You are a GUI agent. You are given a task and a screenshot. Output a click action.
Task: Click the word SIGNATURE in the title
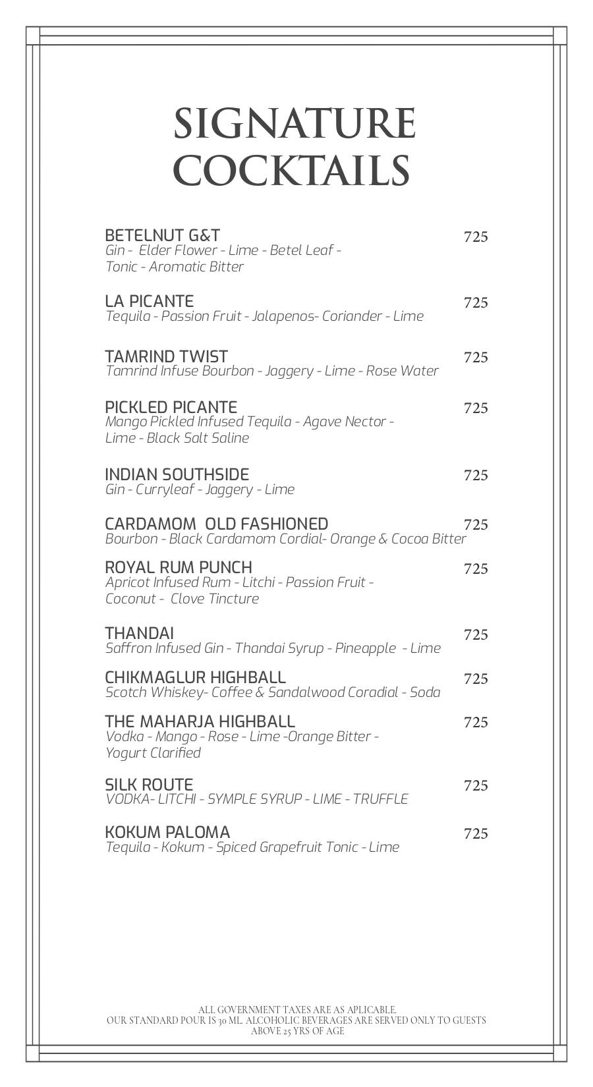pyautogui.click(x=295, y=124)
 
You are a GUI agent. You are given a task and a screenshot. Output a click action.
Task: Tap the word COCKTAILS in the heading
pyautogui.click(x=291, y=170)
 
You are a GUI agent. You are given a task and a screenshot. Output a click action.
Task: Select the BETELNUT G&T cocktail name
pyautogui.click(x=162, y=235)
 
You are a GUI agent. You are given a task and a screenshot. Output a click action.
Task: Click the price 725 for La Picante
pyautogui.click(x=476, y=303)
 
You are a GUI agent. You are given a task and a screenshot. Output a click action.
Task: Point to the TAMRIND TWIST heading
pyautogui.click(x=166, y=356)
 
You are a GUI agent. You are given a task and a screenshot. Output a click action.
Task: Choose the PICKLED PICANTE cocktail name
pyautogui.click(x=171, y=407)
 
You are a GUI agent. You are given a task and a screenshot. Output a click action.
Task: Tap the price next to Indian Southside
pyautogui.click(x=476, y=476)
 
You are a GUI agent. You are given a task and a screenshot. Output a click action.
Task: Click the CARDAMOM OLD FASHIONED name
pyautogui.click(x=216, y=524)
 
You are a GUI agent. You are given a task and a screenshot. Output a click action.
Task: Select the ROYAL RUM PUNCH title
pyautogui.click(x=178, y=567)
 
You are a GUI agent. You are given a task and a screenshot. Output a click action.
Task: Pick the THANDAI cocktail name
pyautogui.click(x=139, y=633)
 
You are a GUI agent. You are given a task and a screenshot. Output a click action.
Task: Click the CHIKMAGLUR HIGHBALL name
pyautogui.click(x=195, y=677)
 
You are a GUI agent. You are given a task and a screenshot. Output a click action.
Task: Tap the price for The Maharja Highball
pyautogui.click(x=476, y=723)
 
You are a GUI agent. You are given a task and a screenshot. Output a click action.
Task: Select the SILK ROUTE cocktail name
pyautogui.click(x=149, y=785)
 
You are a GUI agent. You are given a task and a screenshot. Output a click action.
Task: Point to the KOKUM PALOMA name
pyautogui.click(x=167, y=832)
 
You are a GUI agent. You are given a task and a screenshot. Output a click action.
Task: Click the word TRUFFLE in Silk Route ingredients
pyautogui.click(x=380, y=799)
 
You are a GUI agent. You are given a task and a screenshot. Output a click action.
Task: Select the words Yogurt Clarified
pyautogui.click(x=153, y=752)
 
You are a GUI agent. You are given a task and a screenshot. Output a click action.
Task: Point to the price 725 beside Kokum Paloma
pyautogui.click(x=476, y=834)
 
